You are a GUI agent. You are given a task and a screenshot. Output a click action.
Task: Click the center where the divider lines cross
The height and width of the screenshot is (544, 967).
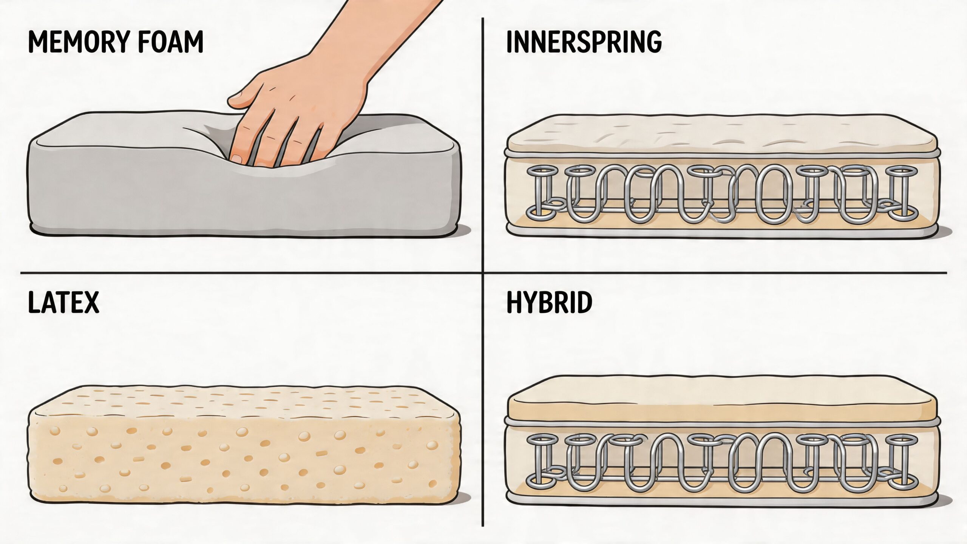[483, 272]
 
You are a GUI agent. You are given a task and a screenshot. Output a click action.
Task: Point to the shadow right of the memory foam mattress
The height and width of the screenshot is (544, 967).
[465, 229]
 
